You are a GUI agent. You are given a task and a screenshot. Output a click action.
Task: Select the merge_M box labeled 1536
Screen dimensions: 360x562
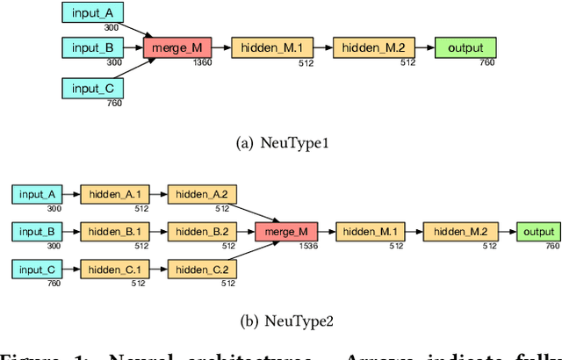(285, 232)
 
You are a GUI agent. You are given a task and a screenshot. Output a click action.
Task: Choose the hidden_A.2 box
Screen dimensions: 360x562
(201, 194)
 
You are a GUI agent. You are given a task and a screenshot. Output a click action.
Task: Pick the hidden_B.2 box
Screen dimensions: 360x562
(201, 232)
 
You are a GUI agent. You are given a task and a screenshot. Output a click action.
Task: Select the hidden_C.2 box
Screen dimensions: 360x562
(201, 270)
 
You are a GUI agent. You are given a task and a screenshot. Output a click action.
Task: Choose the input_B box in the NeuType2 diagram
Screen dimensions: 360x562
(37, 232)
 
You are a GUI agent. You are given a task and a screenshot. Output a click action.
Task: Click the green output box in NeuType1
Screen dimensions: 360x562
(465, 48)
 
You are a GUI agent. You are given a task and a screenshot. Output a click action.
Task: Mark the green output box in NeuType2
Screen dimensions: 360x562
(537, 232)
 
